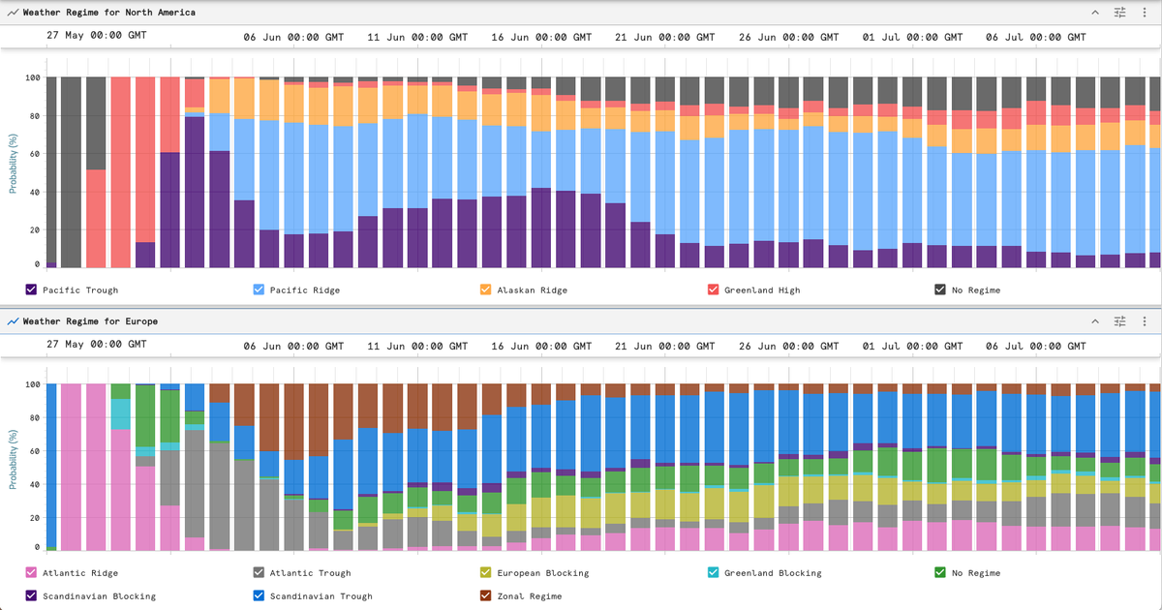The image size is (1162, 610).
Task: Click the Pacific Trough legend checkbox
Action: click(31, 290)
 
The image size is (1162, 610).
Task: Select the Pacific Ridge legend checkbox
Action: click(259, 290)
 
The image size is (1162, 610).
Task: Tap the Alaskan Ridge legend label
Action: click(533, 290)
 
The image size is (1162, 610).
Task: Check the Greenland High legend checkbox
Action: click(714, 290)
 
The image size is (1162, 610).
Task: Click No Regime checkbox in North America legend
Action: click(940, 290)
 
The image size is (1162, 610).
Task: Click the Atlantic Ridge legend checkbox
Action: click(31, 572)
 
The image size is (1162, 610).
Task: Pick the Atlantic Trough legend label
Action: click(310, 572)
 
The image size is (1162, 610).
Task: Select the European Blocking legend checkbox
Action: click(485, 572)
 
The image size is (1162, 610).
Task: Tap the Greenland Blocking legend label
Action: click(773, 572)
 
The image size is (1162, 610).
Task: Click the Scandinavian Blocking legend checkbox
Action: click(31, 595)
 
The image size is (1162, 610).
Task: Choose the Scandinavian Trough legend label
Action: click(321, 596)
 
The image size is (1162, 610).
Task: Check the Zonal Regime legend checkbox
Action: click(485, 595)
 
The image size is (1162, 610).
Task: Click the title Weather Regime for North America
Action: click(108, 12)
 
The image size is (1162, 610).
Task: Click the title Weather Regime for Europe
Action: click(90, 321)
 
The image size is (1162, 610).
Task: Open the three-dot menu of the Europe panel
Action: click(1145, 321)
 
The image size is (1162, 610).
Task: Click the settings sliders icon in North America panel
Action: click(1120, 12)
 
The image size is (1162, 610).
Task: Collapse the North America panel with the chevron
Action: click(1095, 12)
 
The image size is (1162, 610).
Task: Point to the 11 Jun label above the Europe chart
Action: click(417, 346)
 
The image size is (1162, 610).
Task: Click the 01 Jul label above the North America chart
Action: click(912, 37)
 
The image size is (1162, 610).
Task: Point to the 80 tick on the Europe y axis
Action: click(34, 417)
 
